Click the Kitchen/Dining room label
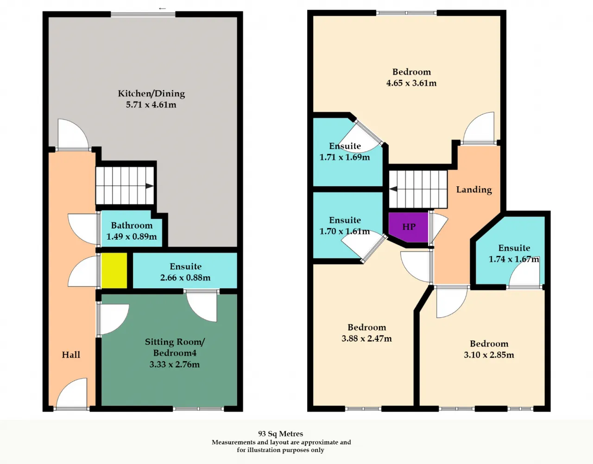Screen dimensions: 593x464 [151, 94]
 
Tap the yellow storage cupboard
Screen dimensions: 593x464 [114, 271]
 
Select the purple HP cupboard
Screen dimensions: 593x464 [408, 227]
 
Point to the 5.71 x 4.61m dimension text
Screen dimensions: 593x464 [151, 105]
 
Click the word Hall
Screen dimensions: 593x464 [71, 355]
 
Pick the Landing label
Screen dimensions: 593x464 [474, 190]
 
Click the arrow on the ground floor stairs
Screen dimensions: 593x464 [149, 186]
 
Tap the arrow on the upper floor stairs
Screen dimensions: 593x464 [393, 189]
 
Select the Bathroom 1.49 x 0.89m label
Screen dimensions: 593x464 [132, 231]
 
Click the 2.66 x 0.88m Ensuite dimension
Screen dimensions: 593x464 [185, 278]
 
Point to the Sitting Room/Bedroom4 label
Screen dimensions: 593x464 [175, 347]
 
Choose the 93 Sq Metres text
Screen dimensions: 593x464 [281, 434]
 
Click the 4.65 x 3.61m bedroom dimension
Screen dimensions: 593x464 [411, 83]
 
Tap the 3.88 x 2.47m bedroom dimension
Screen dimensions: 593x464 [366, 338]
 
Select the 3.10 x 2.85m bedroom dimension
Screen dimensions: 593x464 [489, 355]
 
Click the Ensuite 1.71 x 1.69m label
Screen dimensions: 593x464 [345, 152]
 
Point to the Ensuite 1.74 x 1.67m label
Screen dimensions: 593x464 [514, 254]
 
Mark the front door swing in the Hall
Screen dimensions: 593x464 [72, 393]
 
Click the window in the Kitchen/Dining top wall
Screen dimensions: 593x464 [143, 14]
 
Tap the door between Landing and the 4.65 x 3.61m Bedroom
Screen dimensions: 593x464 [479, 128]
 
